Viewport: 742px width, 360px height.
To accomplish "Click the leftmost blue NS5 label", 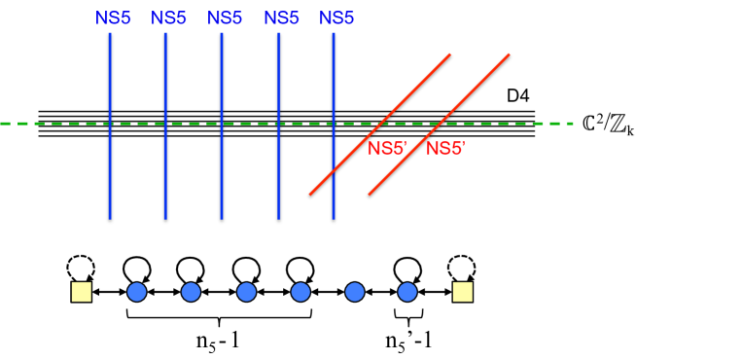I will pos(113,18).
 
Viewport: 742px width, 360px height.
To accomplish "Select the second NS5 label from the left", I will pos(168,18).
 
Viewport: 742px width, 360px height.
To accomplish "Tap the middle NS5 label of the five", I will pos(225,18).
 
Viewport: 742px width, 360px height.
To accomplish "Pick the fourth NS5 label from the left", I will pos(281,18).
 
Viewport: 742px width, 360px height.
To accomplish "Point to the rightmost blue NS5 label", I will pos(336,18).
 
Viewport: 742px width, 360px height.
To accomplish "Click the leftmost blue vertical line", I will pos(110,165).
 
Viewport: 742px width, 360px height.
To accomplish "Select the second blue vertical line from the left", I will pos(165,165).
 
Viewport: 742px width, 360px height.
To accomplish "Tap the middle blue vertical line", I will pos(222,165).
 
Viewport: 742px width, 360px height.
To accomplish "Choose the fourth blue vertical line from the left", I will pos(278,165).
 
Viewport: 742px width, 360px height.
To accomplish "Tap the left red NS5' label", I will pos(387,149).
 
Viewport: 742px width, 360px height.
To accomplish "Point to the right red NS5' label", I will pos(445,149).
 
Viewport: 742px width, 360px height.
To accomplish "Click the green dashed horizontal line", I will pos(58,124).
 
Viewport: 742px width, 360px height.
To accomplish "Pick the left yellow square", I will pos(82,292).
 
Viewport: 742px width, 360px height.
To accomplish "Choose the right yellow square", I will pos(463,292).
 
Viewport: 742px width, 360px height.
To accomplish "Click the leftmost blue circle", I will pos(137,292).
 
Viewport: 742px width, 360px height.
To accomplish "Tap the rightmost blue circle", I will pos(407,292).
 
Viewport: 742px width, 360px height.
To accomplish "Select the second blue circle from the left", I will pos(191,292).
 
